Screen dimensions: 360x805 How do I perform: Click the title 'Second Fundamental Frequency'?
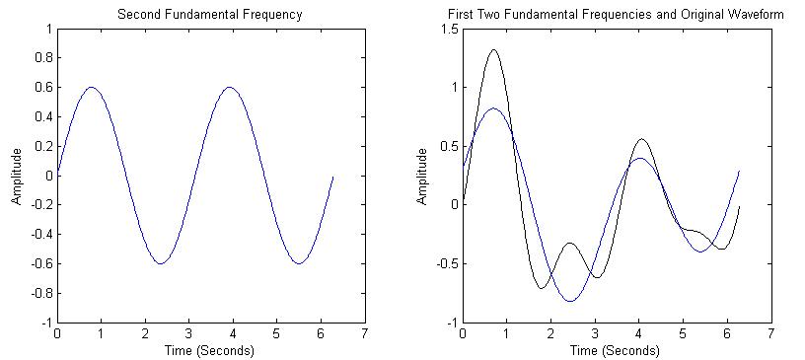click(210, 15)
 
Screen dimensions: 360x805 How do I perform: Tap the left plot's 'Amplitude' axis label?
click(17, 177)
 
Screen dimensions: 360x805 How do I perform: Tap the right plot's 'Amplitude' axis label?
click(422, 177)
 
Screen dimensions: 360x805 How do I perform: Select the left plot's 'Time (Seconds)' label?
click(210, 350)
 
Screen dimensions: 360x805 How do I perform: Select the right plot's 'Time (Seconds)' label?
click(617, 350)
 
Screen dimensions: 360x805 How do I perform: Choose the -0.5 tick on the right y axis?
click(446, 264)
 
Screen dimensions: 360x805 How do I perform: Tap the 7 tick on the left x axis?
click(365, 334)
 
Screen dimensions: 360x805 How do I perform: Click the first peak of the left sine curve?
click(92, 87)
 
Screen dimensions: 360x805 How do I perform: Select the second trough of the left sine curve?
click(299, 263)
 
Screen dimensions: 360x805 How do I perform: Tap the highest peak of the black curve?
click(493, 49)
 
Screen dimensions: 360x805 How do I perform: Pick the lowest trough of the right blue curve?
click(569, 301)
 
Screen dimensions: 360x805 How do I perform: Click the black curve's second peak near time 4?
click(641, 139)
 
